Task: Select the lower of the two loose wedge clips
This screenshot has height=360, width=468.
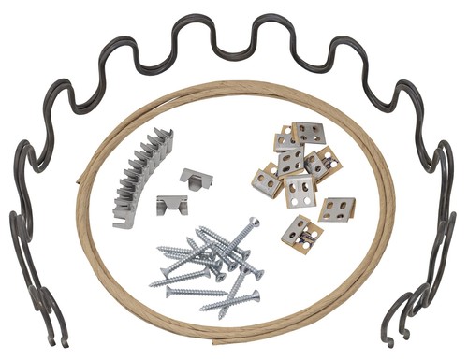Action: pyautogui.click(x=171, y=203)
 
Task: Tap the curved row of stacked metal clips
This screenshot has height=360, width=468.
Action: pyautogui.click(x=143, y=176)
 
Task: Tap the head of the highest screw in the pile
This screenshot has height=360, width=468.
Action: pyautogui.click(x=254, y=223)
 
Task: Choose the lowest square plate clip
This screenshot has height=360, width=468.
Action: pyautogui.click(x=300, y=232)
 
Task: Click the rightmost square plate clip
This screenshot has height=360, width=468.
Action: pyautogui.click(x=336, y=207)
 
